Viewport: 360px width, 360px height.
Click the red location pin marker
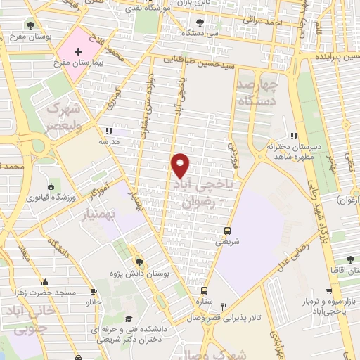tap(181, 165)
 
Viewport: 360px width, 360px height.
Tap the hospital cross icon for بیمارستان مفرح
tap(78, 52)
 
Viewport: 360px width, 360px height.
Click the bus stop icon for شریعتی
tap(226, 230)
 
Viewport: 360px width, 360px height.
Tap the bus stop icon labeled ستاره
tap(205, 290)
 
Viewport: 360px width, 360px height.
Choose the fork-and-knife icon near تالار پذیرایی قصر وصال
tap(224, 307)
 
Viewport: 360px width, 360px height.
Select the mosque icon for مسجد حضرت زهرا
tap(46, 281)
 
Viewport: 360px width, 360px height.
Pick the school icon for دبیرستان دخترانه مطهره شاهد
tap(295, 137)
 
